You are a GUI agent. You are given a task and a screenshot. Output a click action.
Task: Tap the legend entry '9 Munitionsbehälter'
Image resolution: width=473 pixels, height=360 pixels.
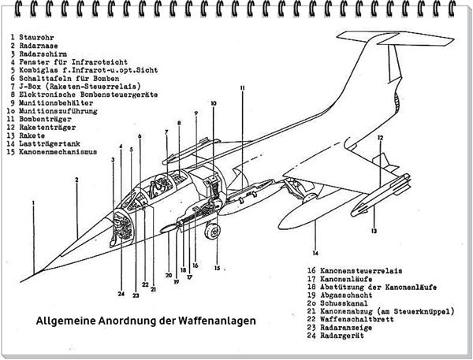[x=52, y=102]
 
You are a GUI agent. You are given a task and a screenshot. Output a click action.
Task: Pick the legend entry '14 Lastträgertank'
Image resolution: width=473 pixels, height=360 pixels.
[x=47, y=143]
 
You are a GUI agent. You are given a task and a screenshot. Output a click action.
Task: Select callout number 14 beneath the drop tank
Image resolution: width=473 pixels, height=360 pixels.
[x=315, y=253]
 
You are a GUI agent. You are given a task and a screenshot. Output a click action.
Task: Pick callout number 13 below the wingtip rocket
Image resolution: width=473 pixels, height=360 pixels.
[x=374, y=231]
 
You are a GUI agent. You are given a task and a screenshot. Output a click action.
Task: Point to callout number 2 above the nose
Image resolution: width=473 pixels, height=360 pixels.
[x=76, y=180]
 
